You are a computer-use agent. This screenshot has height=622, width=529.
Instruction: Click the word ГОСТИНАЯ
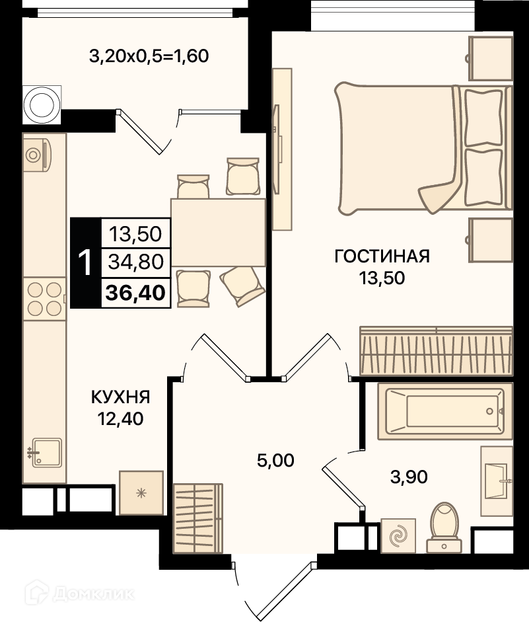click(x=382, y=256)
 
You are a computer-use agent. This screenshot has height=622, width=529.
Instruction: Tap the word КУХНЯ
click(x=120, y=397)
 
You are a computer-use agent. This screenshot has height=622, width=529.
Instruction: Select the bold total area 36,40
click(x=135, y=293)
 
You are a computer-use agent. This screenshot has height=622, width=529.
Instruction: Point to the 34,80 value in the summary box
click(x=135, y=262)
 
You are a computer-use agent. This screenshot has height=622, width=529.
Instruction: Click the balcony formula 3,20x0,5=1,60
click(x=149, y=56)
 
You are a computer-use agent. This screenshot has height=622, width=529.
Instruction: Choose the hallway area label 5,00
click(x=275, y=461)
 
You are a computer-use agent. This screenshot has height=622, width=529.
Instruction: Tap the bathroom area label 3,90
click(x=409, y=477)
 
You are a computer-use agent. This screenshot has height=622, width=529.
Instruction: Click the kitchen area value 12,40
click(x=120, y=419)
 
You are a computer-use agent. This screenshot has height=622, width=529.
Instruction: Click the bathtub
click(x=445, y=411)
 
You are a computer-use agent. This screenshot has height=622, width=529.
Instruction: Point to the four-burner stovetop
click(x=44, y=299)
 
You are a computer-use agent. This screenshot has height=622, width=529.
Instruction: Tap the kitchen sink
click(x=46, y=453)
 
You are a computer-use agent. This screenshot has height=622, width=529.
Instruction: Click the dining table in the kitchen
click(x=218, y=233)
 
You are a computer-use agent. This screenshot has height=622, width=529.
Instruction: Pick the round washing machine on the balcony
click(x=42, y=104)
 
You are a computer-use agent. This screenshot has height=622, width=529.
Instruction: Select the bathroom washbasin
click(x=497, y=481)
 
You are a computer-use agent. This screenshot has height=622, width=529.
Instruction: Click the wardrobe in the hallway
click(x=197, y=518)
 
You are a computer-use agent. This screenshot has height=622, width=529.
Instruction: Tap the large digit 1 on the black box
click(x=85, y=262)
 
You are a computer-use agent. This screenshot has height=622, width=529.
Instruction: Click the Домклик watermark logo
click(x=79, y=594)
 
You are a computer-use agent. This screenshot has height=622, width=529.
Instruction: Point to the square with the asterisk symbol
click(x=141, y=493)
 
